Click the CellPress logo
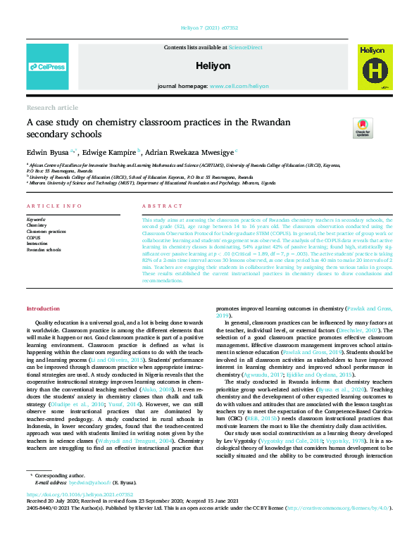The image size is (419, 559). point(47,67)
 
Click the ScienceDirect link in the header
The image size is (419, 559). point(245,46)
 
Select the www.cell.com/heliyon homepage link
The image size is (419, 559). point(239,86)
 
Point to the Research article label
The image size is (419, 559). point(52,108)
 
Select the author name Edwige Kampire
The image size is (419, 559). point(109,151)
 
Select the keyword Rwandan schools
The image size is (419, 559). point(45,249)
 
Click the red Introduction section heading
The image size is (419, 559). point(44,309)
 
